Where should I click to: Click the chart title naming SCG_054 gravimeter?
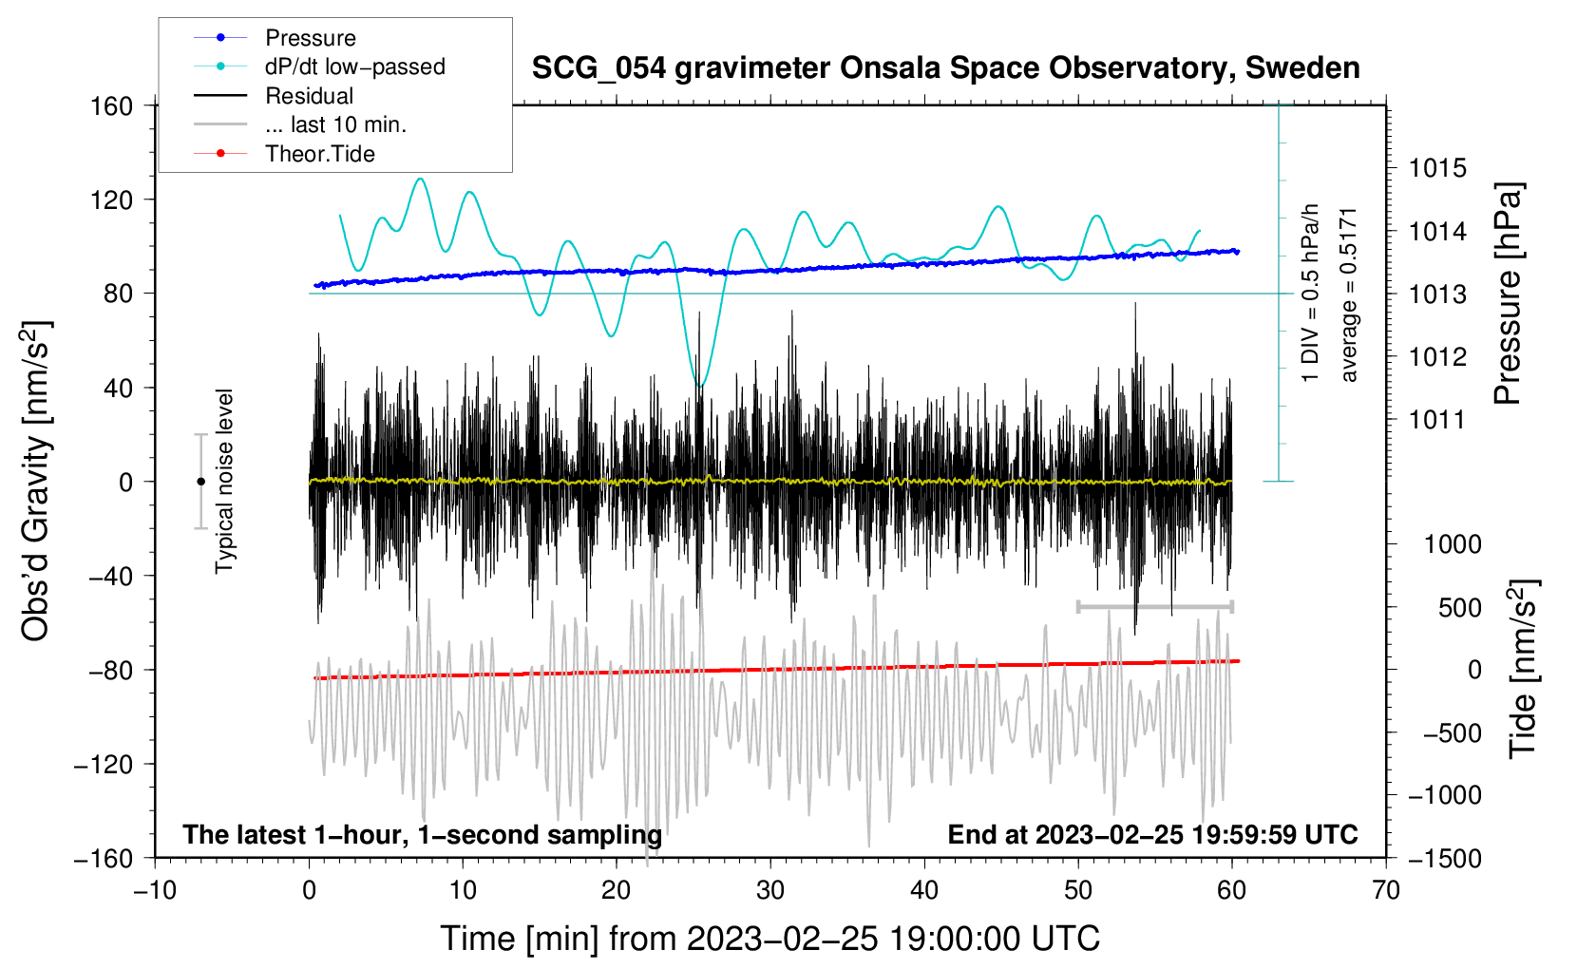(x=945, y=68)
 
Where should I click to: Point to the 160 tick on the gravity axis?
(x=112, y=106)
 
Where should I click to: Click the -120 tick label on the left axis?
(x=104, y=764)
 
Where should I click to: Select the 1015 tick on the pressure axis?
(x=1437, y=168)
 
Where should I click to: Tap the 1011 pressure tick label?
(x=1437, y=420)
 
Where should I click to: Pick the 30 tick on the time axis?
(x=770, y=890)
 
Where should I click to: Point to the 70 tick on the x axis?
(x=1385, y=890)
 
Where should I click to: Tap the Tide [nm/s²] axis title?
(x=1524, y=669)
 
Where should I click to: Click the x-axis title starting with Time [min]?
(x=770, y=939)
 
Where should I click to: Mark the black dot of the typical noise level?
(x=200, y=482)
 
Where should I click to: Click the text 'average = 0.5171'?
(x=1347, y=295)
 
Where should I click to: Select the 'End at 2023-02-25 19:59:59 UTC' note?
(x=1152, y=834)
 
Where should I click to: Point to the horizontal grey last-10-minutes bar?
(x=1154, y=606)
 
